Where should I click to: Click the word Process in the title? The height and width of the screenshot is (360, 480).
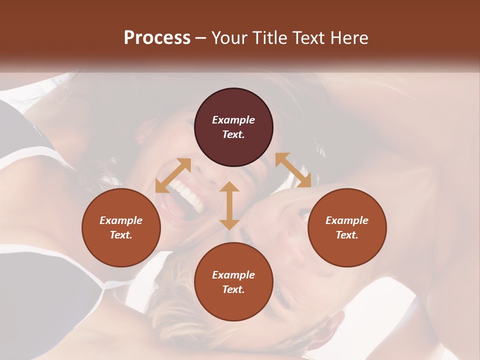pos(157,38)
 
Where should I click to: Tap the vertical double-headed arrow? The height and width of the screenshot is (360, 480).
pos(229,205)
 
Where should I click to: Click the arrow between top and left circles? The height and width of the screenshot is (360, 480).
pos(173,175)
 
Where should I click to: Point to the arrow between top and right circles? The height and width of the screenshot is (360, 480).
pos(293,170)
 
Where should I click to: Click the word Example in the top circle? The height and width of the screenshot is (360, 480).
pos(233,120)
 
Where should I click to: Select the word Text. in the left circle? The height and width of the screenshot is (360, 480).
pos(121,235)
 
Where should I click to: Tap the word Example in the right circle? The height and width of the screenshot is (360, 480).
pos(347,220)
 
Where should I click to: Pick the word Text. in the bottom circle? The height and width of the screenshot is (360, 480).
pos(233,289)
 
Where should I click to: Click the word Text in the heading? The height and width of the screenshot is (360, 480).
pos(309,38)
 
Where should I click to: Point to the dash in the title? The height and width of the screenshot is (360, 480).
pos(201,38)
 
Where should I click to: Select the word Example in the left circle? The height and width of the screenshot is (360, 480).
pos(121,220)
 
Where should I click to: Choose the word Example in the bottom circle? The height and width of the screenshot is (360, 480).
pos(233,275)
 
